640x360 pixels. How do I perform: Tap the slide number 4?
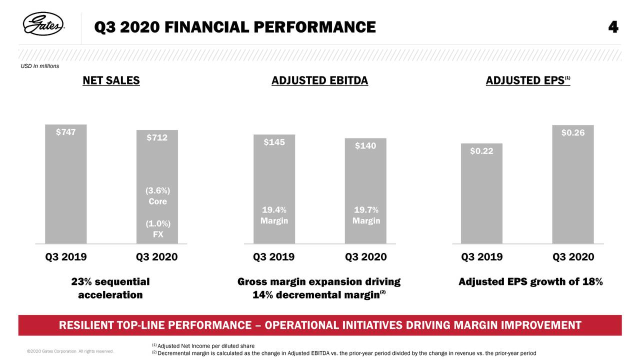coord(613,26)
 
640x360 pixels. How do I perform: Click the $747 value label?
coord(65,132)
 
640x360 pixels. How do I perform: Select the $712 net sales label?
coord(156,137)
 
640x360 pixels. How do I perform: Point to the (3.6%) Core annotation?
coord(157,196)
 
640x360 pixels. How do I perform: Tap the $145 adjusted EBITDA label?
coord(274,142)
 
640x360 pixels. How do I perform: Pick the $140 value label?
coord(365,146)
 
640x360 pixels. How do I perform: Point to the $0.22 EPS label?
coord(481,151)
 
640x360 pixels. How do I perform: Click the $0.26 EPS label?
coord(573,133)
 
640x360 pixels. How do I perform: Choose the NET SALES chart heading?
coord(111,80)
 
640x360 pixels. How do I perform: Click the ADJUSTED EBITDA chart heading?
coord(319,80)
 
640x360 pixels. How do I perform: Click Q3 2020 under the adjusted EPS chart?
coord(573,257)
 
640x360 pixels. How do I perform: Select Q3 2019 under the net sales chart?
coord(65,257)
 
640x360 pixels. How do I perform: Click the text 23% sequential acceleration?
coord(110,288)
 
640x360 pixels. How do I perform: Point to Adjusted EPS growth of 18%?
coord(530,282)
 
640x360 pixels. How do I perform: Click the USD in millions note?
coord(40,66)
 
